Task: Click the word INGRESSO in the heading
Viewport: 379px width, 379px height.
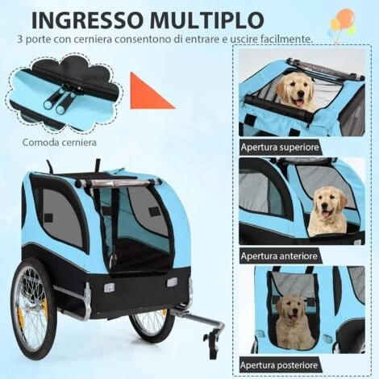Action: [85, 19]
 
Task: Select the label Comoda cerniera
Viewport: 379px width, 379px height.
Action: [60, 142]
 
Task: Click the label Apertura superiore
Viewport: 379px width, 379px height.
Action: [280, 147]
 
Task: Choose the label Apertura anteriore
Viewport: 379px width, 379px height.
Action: [279, 256]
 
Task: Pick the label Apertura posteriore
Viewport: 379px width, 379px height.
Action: [279, 365]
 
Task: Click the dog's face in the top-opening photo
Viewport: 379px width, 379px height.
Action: [296, 90]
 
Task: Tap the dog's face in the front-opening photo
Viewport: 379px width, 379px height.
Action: [328, 203]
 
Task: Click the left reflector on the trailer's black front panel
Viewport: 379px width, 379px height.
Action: [109, 287]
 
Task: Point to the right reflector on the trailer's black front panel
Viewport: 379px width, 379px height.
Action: [172, 282]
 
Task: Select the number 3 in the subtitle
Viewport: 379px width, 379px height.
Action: [20, 40]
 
